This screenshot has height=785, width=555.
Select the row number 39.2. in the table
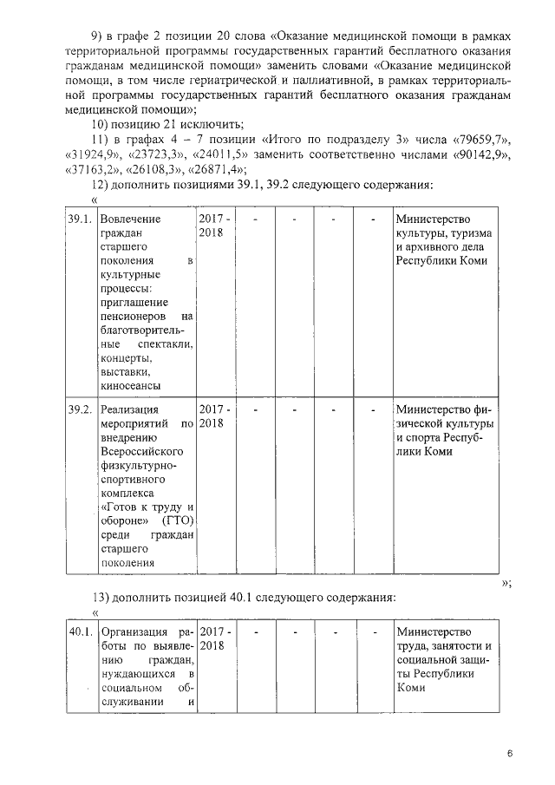pos(80,409)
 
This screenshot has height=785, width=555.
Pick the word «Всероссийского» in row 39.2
pos(140,452)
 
